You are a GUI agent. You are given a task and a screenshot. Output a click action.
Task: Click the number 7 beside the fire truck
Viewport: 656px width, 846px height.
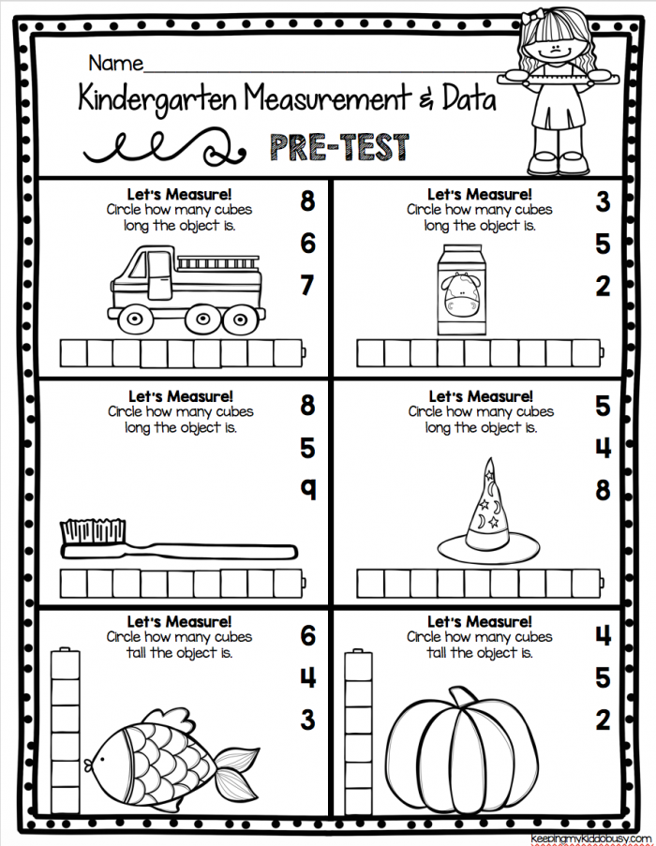(x=306, y=286)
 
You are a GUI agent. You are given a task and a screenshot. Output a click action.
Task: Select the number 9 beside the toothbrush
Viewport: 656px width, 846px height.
(x=306, y=490)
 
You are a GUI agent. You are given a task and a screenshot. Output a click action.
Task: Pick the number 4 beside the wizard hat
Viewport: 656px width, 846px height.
(x=603, y=449)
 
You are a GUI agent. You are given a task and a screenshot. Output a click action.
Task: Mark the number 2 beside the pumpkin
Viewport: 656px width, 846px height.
(x=603, y=720)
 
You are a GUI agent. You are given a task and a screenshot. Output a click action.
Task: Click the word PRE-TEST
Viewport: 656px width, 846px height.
(x=339, y=147)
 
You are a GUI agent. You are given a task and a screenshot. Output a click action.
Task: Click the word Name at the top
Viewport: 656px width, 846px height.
(x=115, y=64)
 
